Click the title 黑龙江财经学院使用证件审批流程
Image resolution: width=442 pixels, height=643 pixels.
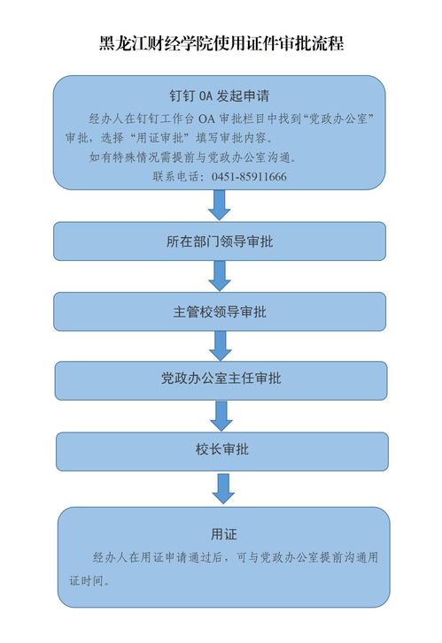221,43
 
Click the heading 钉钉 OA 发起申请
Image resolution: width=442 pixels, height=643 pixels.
220,96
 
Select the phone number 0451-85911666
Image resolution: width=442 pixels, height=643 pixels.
249,177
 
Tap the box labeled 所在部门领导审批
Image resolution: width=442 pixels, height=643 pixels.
220,241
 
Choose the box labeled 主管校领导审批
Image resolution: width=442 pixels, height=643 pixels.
220,311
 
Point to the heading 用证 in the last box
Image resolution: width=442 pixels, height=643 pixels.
224,534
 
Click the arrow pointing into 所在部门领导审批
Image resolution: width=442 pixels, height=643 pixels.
220,205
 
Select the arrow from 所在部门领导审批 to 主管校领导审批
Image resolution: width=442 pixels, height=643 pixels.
220,276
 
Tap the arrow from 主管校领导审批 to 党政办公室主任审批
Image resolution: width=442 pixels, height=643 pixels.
221,346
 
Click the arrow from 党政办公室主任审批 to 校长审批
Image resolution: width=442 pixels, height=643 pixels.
221,416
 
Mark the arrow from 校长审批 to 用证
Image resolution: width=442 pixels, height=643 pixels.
223,489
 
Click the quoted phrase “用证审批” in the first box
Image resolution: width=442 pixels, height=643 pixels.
159,138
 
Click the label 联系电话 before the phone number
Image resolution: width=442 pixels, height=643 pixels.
175,177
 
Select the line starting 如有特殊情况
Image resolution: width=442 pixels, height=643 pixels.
193,157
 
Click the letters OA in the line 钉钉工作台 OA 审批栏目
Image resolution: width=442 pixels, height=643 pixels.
206,119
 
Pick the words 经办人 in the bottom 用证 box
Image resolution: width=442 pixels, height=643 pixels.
110,557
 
